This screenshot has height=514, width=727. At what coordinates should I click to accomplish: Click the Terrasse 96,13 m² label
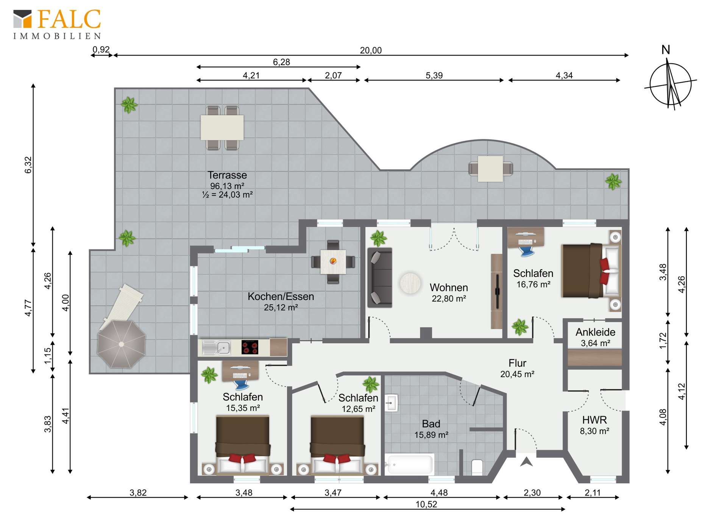(x=227, y=184)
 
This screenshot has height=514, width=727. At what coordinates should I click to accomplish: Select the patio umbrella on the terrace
(x=121, y=344)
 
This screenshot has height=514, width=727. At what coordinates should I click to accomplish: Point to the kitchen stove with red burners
(x=250, y=347)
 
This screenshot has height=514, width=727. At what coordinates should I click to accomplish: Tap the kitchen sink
(x=217, y=347)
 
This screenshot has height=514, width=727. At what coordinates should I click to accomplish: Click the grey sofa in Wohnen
(x=379, y=277)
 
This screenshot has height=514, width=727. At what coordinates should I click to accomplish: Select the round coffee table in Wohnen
(x=410, y=283)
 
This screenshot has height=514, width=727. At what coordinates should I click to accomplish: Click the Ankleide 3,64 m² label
(x=595, y=337)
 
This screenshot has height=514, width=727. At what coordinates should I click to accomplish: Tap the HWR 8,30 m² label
(x=594, y=425)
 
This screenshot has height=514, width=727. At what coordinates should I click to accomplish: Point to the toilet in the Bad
(x=477, y=467)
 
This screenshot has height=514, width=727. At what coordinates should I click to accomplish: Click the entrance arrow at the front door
(x=526, y=462)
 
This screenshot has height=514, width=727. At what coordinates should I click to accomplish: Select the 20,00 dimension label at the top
(x=371, y=50)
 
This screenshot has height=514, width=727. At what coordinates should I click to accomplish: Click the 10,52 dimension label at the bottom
(x=426, y=505)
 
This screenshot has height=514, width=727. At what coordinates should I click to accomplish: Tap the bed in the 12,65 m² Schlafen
(x=337, y=443)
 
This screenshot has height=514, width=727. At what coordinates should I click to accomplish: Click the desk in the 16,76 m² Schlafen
(x=526, y=237)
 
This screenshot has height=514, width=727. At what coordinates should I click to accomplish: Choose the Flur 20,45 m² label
(x=517, y=368)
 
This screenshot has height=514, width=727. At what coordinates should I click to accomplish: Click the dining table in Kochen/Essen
(x=333, y=262)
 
